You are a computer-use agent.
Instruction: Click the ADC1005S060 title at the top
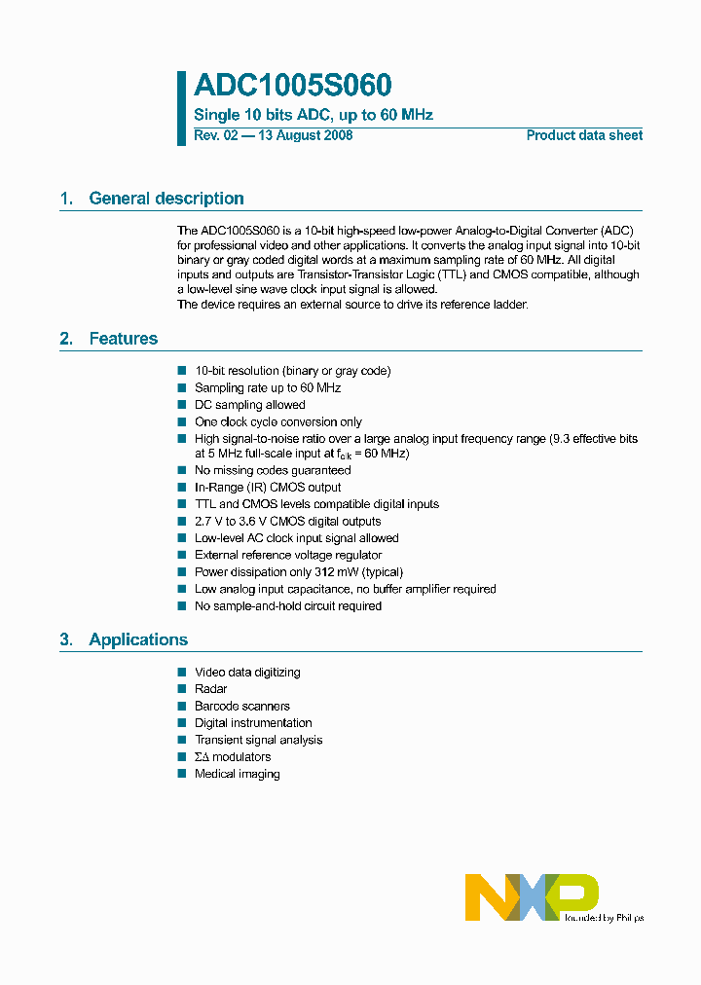tap(292, 87)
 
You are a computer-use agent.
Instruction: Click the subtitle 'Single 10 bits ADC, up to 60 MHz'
tap(314, 115)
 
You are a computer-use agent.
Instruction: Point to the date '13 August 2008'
tap(305, 135)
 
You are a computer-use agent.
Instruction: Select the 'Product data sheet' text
tap(584, 135)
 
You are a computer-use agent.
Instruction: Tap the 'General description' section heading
tap(166, 199)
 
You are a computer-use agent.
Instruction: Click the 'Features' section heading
tap(123, 339)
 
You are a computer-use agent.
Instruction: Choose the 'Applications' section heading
tap(138, 639)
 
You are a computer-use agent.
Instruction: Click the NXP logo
tap(531, 896)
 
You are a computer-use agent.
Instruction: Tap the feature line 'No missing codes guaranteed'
tap(273, 470)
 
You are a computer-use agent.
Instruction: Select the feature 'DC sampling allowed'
tap(249, 405)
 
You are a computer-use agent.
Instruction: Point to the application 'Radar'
tap(210, 689)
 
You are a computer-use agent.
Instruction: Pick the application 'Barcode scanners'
tap(241, 706)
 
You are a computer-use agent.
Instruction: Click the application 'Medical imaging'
tap(237, 774)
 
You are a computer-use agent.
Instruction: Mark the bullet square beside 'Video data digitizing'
tap(181, 672)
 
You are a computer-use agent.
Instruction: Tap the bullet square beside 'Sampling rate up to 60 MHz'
tap(181, 387)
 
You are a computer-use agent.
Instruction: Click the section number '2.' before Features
tap(66, 339)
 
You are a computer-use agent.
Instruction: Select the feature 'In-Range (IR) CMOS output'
tap(268, 488)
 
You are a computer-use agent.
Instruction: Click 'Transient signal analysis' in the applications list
tap(258, 740)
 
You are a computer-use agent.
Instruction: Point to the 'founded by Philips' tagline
tap(604, 917)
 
